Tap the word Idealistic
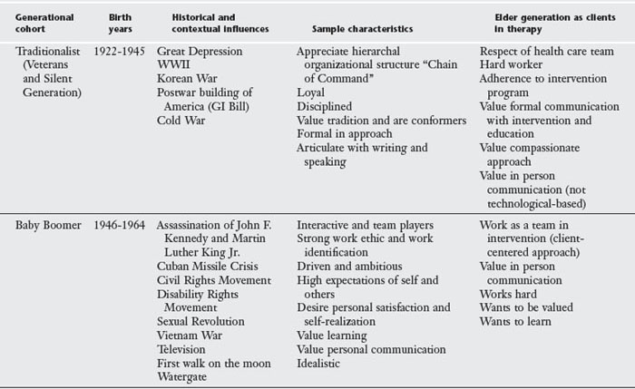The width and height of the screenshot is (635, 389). pyautogui.click(x=321, y=363)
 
